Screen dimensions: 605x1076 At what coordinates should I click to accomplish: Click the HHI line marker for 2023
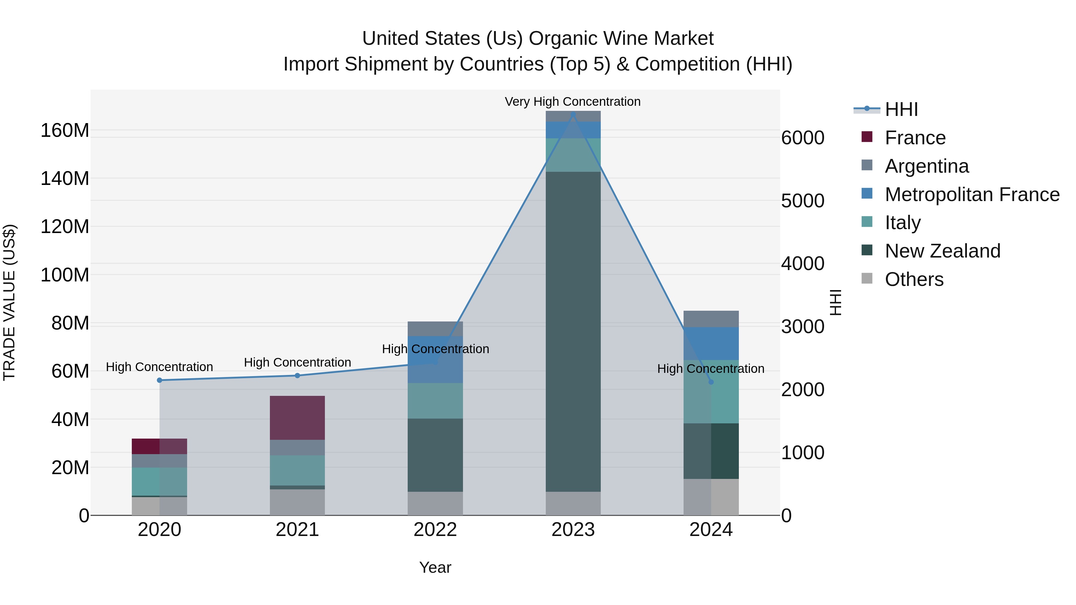(x=573, y=114)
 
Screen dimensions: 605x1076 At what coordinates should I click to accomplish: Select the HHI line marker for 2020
(x=160, y=380)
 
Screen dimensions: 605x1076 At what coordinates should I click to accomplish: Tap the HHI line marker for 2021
(x=297, y=375)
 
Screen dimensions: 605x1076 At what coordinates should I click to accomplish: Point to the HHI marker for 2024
(x=711, y=382)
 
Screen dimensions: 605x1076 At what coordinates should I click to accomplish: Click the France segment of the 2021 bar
(x=297, y=418)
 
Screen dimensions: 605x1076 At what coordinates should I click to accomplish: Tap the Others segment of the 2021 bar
(x=297, y=502)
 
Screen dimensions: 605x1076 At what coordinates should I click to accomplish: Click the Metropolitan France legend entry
(x=972, y=194)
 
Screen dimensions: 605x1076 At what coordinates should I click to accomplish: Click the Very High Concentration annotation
(x=573, y=102)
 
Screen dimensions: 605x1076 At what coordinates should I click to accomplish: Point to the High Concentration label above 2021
(x=297, y=362)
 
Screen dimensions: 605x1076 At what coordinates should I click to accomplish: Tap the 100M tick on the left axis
(x=65, y=275)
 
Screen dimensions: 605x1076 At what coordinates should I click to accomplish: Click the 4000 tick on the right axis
(x=803, y=264)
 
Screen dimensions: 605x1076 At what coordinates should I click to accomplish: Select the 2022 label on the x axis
(x=435, y=529)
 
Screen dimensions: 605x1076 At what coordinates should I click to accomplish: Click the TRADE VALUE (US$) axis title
(x=9, y=302)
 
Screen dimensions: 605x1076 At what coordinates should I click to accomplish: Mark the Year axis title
(x=435, y=567)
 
